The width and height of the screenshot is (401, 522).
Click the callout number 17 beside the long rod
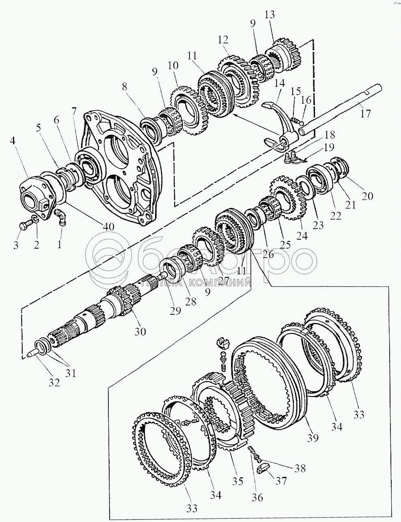pyautogui.click(x=365, y=113)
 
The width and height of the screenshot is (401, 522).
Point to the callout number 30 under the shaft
pyautogui.click(x=140, y=331)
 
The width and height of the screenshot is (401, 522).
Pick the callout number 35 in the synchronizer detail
pyautogui.click(x=237, y=481)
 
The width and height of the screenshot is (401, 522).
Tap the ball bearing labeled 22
pyautogui.click(x=321, y=179)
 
